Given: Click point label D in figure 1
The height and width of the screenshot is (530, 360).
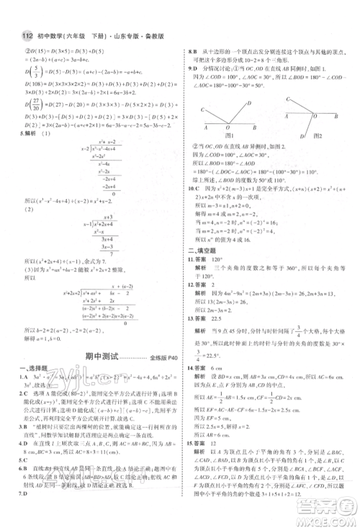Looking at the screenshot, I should point(249,102).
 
